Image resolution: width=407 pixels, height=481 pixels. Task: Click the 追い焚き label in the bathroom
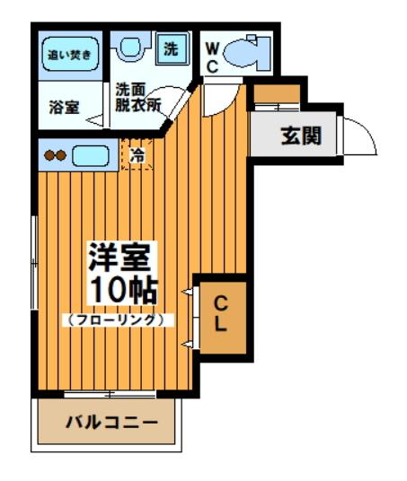[69, 54]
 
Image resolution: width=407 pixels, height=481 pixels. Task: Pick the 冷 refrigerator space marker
[137, 155]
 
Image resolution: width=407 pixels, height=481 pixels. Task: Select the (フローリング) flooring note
[117, 319]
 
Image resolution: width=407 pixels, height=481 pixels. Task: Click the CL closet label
[220, 315]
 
